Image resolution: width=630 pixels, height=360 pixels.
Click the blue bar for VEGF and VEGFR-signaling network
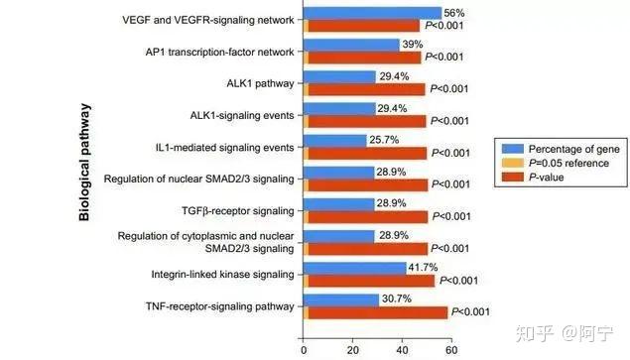coord(372,13)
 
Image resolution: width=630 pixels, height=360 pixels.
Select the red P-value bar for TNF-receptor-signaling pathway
coord(378,313)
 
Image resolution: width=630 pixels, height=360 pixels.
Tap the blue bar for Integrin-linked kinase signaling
coord(355,268)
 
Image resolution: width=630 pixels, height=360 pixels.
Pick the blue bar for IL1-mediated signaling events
coord(334,141)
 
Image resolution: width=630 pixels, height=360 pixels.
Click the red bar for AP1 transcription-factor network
coord(364,58)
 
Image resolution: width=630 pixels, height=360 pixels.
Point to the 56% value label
coord(454,13)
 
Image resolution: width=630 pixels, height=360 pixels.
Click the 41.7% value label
coord(423,267)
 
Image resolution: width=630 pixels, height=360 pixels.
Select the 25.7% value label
coord(384,140)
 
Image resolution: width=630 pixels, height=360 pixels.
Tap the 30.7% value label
coord(397,299)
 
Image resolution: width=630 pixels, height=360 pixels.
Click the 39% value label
coord(413,45)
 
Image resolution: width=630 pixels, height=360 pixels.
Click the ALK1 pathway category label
coord(260,83)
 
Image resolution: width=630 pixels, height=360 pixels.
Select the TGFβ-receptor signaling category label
coord(238,211)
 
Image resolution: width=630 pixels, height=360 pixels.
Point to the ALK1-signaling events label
coord(242,116)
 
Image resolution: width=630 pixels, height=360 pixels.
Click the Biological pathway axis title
coord(84,163)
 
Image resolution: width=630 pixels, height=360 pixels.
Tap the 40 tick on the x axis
coord(402,350)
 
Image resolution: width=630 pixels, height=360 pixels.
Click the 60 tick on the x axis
coord(451,350)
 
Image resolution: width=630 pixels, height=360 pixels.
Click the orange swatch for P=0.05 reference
coord(513,163)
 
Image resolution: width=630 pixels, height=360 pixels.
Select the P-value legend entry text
coord(547,178)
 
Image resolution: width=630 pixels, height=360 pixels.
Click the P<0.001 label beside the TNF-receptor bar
coord(470,311)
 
